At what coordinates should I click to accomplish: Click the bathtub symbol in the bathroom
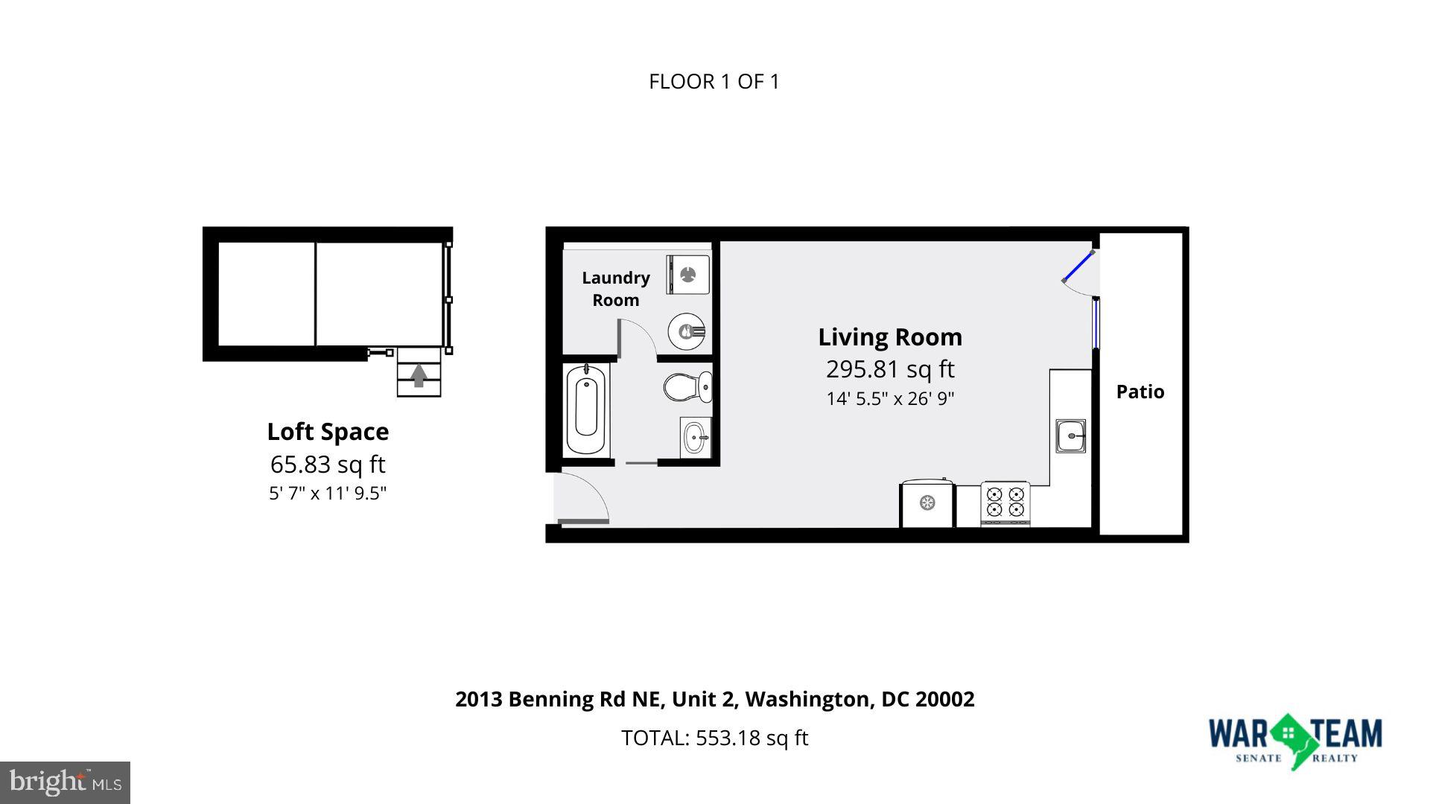[586, 409]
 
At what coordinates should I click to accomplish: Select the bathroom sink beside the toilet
[696, 438]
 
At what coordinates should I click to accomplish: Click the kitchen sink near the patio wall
[1070, 435]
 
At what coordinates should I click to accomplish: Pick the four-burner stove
[1005, 502]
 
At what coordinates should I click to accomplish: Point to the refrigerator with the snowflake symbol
[927, 504]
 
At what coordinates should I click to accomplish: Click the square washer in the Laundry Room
[688, 275]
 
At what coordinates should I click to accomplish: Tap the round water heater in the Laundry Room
[687, 332]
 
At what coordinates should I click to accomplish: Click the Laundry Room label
[616, 289]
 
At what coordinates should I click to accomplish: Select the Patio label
[1140, 392]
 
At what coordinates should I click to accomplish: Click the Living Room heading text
[890, 337]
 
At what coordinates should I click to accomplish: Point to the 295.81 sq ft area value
[890, 369]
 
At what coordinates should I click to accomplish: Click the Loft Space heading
[328, 432]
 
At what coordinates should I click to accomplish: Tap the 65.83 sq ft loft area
[328, 465]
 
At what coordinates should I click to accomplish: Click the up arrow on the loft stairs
[419, 374]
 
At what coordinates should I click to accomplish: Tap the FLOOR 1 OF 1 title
[714, 82]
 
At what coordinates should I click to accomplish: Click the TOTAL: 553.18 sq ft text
[714, 738]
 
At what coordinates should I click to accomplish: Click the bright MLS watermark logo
[66, 782]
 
